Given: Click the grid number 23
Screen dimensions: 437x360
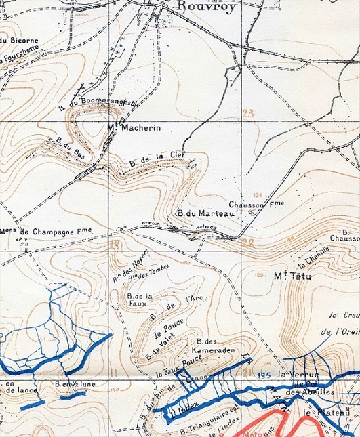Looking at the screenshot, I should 247,113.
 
